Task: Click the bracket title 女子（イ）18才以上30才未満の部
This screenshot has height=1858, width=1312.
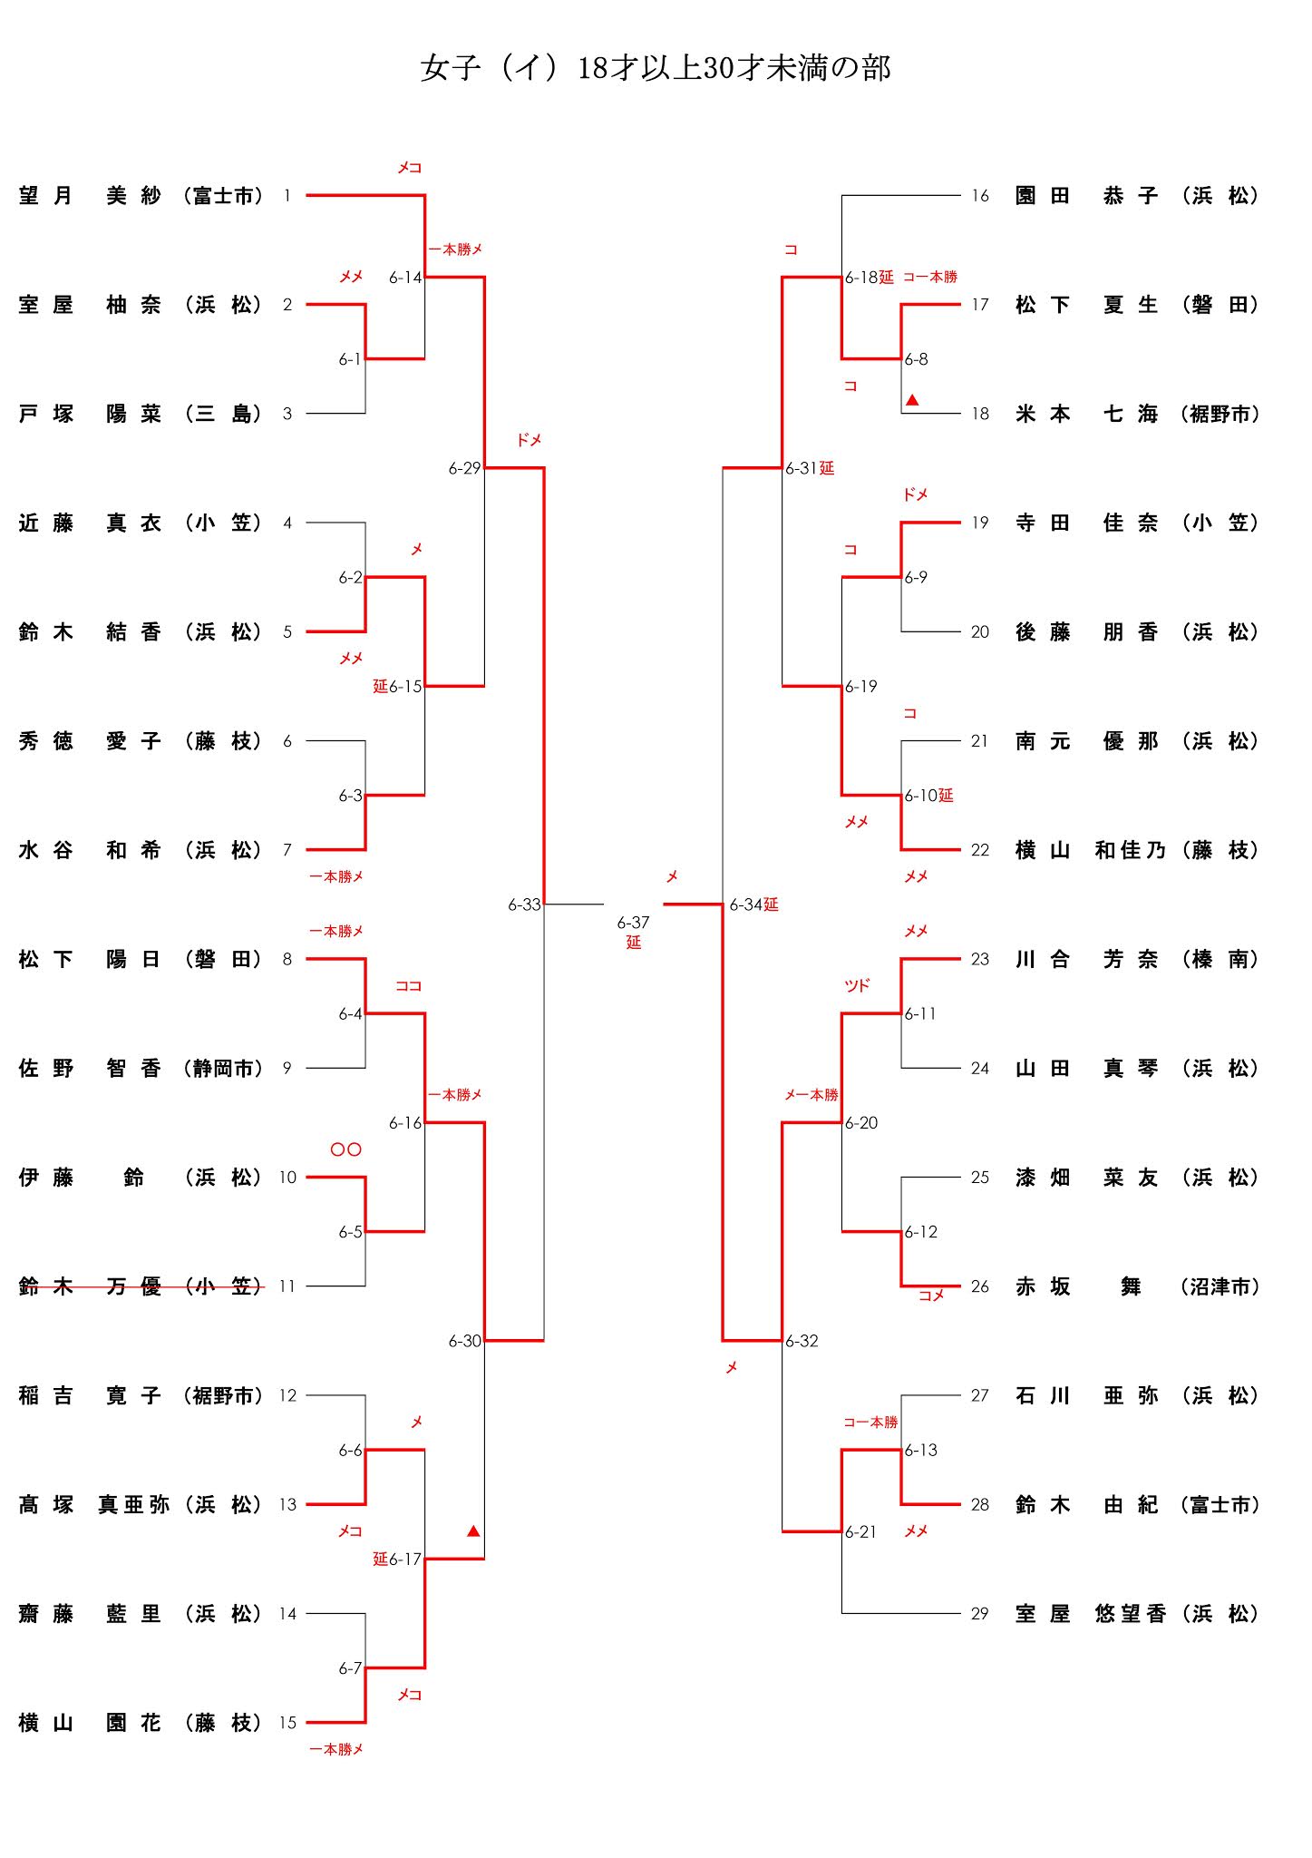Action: (656, 69)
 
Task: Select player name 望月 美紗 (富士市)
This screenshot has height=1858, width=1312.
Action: (141, 196)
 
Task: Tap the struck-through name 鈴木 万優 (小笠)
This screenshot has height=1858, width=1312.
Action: (141, 1286)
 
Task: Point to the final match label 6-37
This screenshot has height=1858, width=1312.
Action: (633, 923)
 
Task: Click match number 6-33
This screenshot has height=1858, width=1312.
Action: (524, 905)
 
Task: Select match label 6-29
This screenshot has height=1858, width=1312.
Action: (464, 468)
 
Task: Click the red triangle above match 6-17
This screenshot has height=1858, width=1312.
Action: (472, 1531)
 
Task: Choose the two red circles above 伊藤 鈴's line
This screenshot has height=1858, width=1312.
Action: (346, 1149)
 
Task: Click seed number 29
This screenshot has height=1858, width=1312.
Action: (979, 1614)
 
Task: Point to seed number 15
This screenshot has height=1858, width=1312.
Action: (287, 1723)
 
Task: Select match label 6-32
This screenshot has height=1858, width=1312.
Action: (802, 1341)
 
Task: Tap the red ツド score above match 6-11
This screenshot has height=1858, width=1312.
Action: (857, 985)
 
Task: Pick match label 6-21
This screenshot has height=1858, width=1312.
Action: (860, 1532)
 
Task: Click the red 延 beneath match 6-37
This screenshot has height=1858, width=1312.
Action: (633, 943)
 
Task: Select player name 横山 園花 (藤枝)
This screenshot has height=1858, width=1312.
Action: (141, 1723)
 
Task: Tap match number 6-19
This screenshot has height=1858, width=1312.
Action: (860, 687)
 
